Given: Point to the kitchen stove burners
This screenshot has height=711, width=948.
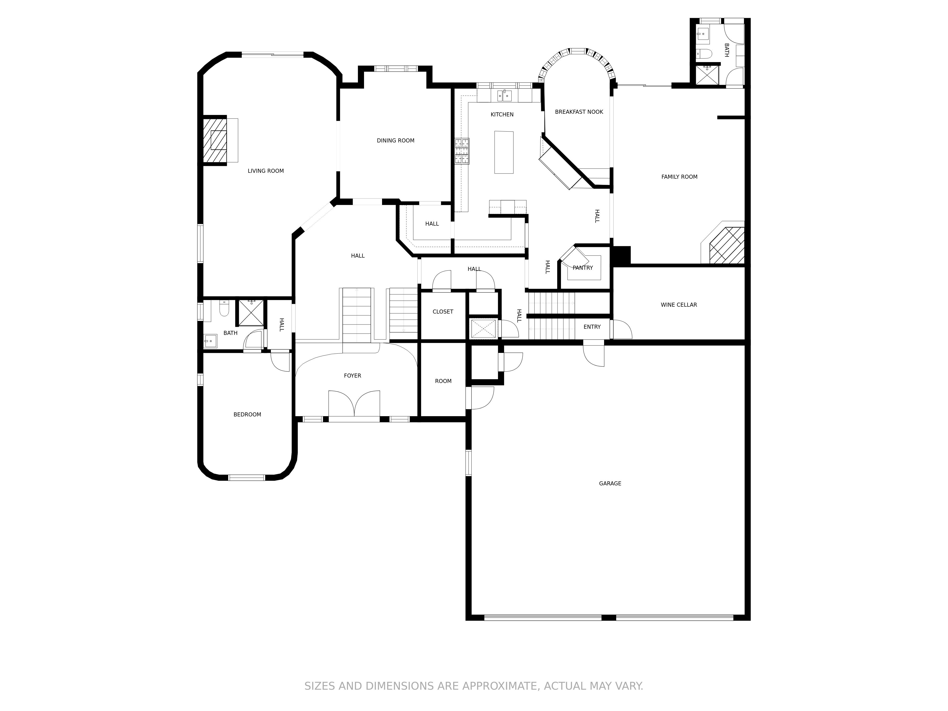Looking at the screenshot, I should pyautogui.click(x=462, y=151).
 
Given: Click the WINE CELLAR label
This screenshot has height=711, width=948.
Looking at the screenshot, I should pyautogui.click(x=679, y=305).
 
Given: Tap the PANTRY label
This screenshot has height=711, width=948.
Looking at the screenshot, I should pyautogui.click(x=583, y=268).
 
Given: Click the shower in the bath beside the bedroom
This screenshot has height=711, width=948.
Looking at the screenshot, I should pyautogui.click(x=251, y=313).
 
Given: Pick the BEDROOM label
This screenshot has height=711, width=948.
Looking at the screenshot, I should pyautogui.click(x=247, y=415).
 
